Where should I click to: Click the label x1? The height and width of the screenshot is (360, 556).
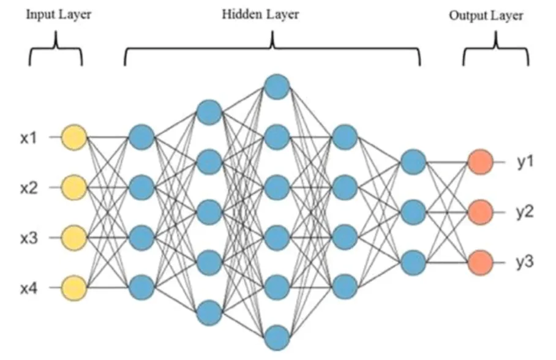pyautogui.click(x=29, y=137)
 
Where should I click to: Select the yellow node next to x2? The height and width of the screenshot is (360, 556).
pyautogui.click(x=74, y=186)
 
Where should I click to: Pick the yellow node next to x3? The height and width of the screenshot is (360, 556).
pyautogui.click(x=74, y=236)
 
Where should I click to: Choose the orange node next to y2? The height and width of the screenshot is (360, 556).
pyautogui.click(x=480, y=212)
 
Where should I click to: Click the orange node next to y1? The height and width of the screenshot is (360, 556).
pyautogui.click(x=480, y=162)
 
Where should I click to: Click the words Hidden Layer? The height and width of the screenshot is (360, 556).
pyautogui.click(x=261, y=14)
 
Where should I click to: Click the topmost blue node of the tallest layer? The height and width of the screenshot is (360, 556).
pyautogui.click(x=277, y=86)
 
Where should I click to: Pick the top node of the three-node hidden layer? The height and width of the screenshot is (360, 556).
pyautogui.click(x=413, y=162)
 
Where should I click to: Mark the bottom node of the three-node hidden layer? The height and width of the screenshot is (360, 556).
pyautogui.click(x=413, y=262)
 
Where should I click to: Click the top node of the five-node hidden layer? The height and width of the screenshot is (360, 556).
pyautogui.click(x=209, y=111)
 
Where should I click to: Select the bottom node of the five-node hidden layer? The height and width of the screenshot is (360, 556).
pyautogui.click(x=209, y=312)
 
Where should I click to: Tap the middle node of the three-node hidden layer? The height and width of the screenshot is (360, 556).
pyautogui.click(x=413, y=212)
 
